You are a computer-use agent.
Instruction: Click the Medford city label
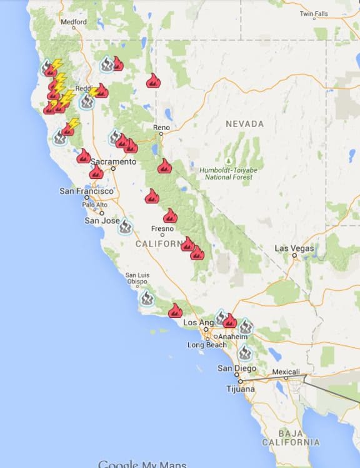pos(74,21)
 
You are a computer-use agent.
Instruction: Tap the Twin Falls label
pos(313,13)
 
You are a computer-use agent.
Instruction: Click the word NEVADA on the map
pos(245,124)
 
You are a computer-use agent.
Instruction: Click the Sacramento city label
pos(113,161)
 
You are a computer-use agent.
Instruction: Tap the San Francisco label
pos(87,191)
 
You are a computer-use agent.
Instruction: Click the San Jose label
pos(102,220)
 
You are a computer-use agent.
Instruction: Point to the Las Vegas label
pos(294,248)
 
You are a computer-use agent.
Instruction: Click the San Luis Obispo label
pos(137,278)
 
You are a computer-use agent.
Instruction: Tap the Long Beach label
pos(207,345)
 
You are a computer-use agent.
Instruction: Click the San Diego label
pos(235,369)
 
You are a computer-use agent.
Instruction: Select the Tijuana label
pos(241,389)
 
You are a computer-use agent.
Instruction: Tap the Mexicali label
pos(286,372)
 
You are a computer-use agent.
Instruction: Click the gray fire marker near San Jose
pos(125,226)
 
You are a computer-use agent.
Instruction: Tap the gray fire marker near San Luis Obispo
pos(146,298)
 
